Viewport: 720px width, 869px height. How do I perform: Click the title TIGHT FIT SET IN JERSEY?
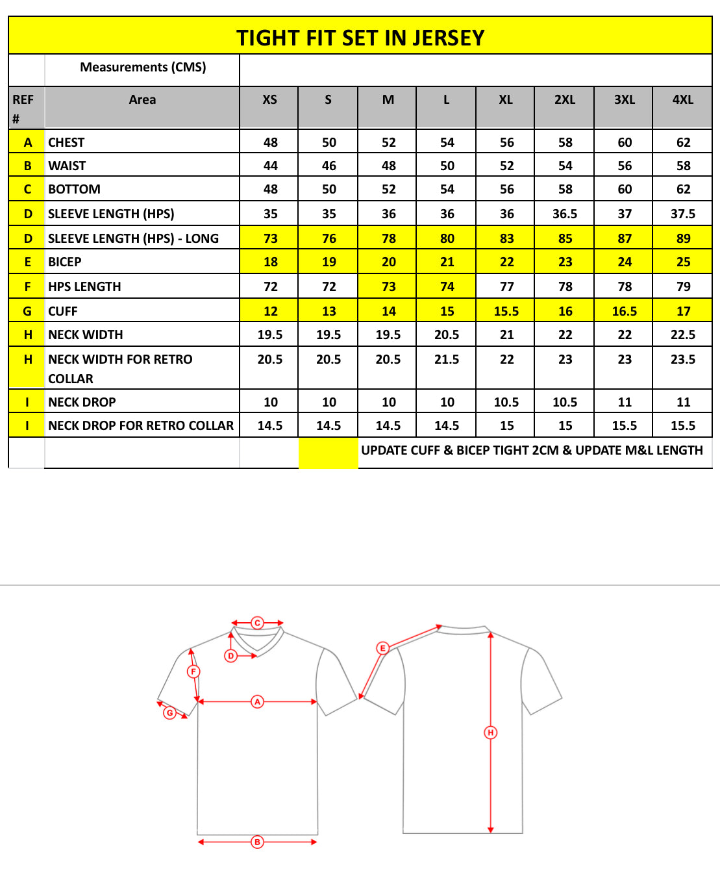point(360,38)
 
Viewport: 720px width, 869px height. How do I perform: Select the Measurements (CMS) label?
point(143,67)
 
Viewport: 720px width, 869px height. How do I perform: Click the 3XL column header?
point(624,99)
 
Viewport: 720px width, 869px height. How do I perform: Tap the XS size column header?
point(269,99)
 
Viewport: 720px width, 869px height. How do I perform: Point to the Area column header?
point(142,99)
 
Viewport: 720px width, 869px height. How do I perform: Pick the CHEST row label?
point(66,142)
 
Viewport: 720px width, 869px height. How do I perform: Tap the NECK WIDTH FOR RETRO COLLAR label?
point(120,368)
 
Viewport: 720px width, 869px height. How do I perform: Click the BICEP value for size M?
point(388,262)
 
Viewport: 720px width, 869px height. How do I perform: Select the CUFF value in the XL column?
point(506,311)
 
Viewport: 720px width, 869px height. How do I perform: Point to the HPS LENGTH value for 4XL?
point(683,286)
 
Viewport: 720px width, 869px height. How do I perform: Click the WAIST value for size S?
point(329,166)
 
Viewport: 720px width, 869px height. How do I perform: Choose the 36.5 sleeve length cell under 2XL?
point(565,214)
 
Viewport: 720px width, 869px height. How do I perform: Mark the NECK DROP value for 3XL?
point(625,402)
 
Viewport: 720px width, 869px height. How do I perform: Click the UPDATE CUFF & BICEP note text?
point(532,450)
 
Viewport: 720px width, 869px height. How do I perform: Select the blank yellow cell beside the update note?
point(329,452)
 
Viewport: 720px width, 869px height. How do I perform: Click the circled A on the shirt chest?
point(258,701)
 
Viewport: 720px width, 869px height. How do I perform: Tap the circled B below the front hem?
point(257,842)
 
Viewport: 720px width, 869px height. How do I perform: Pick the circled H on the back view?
point(491,733)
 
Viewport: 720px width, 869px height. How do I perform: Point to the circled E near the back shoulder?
point(382,648)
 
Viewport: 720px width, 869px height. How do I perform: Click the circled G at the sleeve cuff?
point(170,712)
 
